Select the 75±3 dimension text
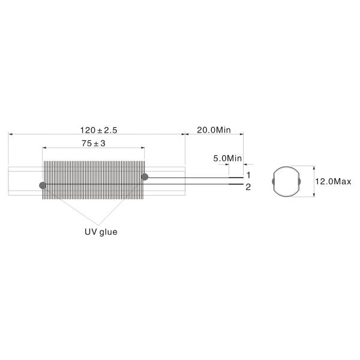coord(93,143)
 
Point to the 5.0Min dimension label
coord(227,158)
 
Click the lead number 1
coord(248,175)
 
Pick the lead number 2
coord(248,187)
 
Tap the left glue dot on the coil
coord(41,185)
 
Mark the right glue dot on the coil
coord(145,176)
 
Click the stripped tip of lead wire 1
coord(235,178)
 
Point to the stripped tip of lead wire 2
coord(235,185)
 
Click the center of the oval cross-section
coord(286,181)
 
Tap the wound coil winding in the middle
coord(93,171)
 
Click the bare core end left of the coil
coord(24,180)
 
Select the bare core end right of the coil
coord(166,180)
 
